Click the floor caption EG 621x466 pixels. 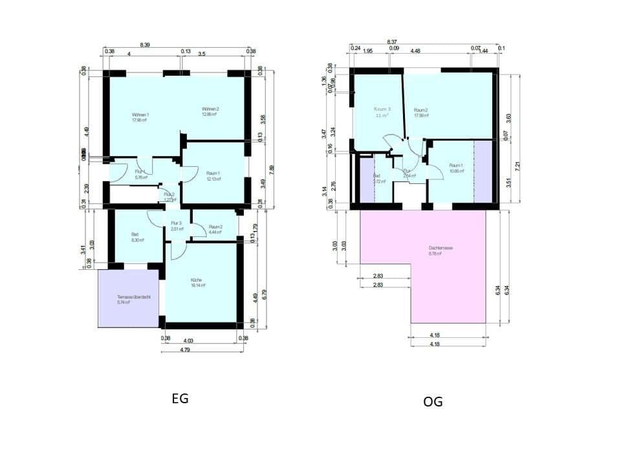pyautogui.click(x=180, y=399)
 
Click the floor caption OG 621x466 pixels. pyautogui.click(x=433, y=402)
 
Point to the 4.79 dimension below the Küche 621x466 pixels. pyautogui.click(x=202, y=349)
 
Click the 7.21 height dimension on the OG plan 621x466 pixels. pyautogui.click(x=517, y=165)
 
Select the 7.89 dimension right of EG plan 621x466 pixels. pyautogui.click(x=271, y=168)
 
